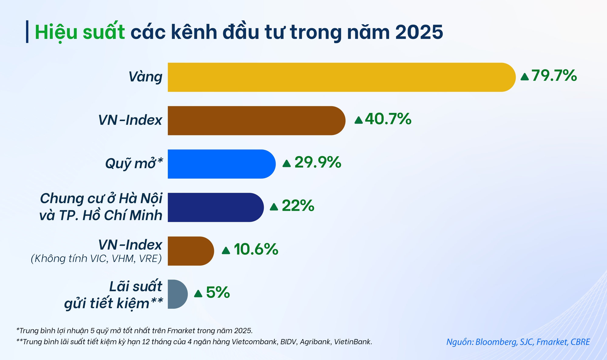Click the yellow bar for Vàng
coord(340,77)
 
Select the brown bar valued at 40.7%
coord(255,121)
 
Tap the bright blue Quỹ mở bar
coord(220,164)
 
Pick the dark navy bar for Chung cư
coord(214,207)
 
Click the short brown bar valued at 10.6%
coord(190,251)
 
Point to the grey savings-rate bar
coord(177,294)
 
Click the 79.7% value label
coord(554,76)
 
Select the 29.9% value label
coord(317,162)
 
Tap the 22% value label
coord(298,206)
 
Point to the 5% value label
coord(218,293)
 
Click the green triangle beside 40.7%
coord(358,120)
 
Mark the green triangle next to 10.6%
coord(226,251)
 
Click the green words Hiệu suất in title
coord(80,32)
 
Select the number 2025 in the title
coord(419,32)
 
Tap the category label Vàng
coord(145,77)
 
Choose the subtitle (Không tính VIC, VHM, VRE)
coord(96,259)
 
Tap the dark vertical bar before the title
coord(27,32)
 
